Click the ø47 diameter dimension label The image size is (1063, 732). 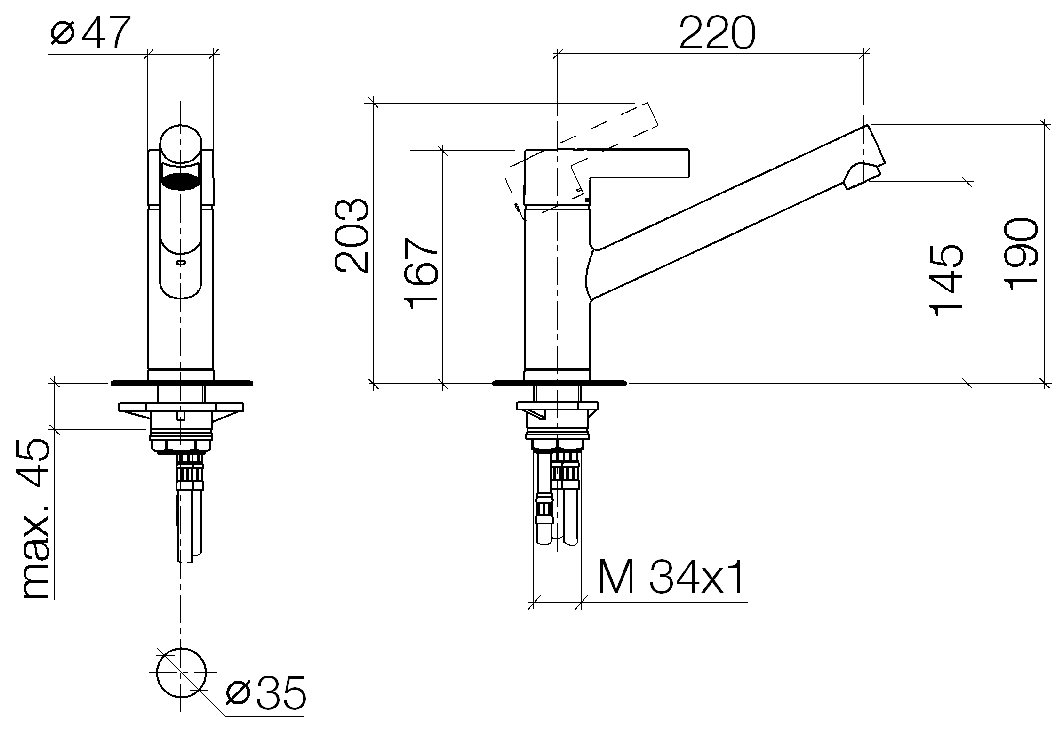pos(89,32)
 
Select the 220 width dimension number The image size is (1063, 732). pos(717,32)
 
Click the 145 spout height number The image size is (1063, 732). pos(946,281)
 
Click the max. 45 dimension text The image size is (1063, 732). pos(36,518)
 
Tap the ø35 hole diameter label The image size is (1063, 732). pos(265,693)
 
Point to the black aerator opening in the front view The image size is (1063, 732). pos(181,181)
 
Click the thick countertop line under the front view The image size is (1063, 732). pos(182,383)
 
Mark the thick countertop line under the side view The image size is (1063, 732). pos(559,383)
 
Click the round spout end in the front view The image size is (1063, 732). pos(181,145)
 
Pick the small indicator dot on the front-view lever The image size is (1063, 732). pos(181,263)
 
